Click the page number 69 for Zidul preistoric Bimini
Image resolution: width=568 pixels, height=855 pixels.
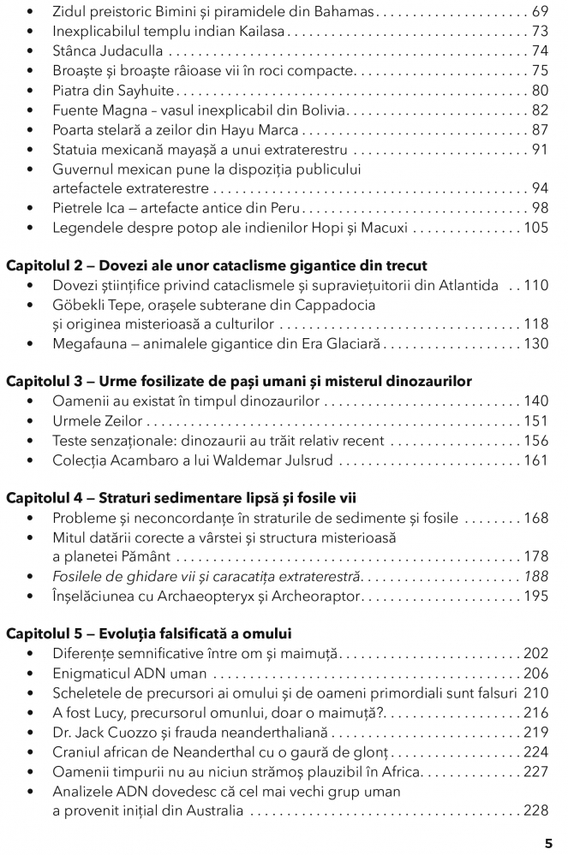pos(539,13)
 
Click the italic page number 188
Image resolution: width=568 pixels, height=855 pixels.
pos(535,577)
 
